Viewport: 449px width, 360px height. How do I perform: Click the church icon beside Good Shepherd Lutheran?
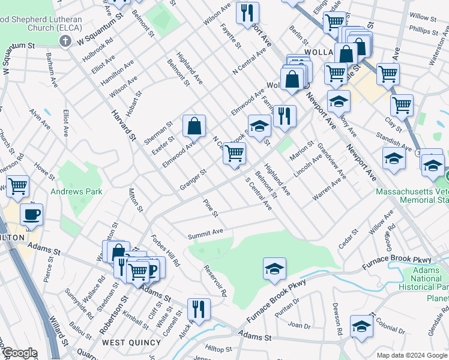[x=66, y=41]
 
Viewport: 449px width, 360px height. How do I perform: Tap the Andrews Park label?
[x=76, y=192]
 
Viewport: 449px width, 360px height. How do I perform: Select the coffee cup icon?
[x=32, y=214]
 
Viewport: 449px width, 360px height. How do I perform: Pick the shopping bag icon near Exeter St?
[x=194, y=126]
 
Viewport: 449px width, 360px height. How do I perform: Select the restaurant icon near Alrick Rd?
[x=199, y=309]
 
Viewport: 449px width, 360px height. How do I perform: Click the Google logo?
[x=19, y=353]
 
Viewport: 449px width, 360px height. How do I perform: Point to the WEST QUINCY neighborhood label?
[x=131, y=343]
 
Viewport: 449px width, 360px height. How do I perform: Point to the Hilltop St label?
[x=218, y=349]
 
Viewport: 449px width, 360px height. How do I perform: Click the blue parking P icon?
[x=154, y=268]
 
